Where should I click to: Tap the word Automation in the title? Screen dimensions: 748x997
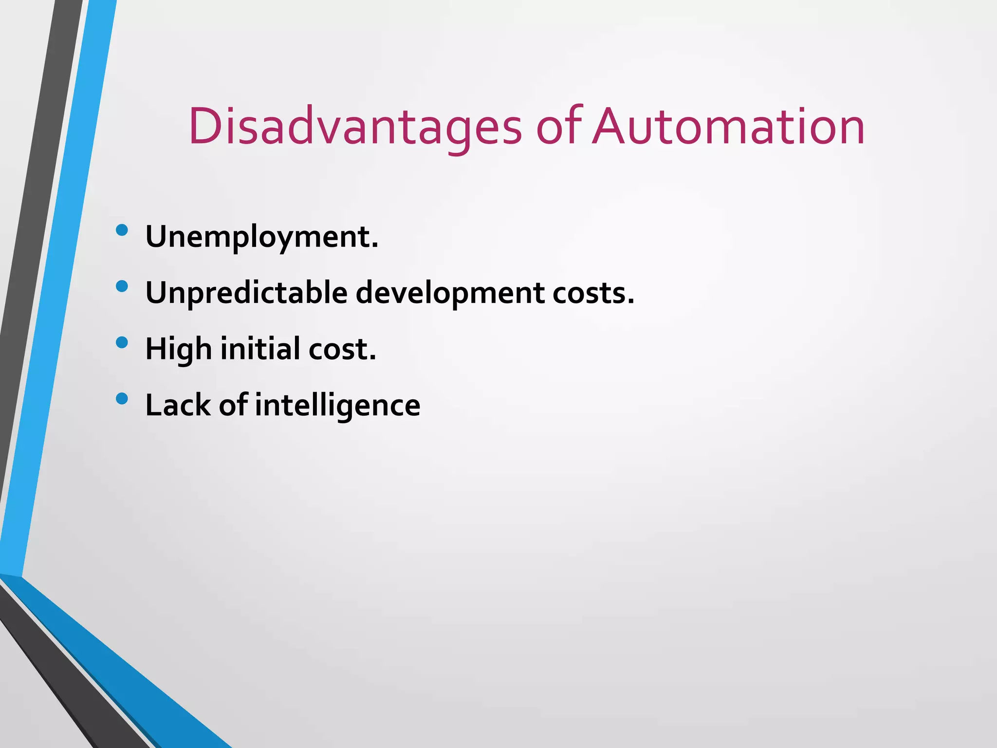728,127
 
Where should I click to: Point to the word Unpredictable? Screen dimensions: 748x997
246,294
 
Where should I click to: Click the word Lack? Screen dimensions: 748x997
177,405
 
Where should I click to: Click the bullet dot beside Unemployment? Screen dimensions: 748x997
122,230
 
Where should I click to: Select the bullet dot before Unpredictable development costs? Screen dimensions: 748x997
122,286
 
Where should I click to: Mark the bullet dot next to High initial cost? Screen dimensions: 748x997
122,342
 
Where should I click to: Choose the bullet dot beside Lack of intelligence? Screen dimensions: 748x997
122,399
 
